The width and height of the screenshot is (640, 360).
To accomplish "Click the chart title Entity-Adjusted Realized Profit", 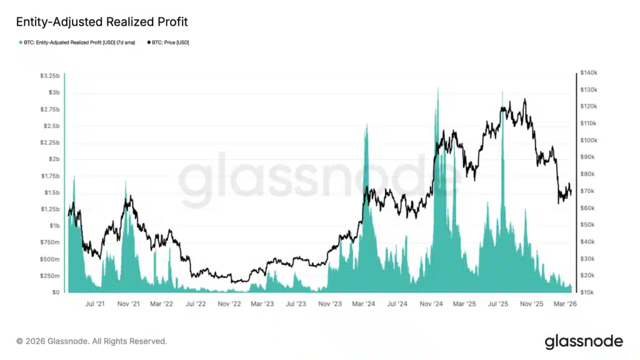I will tap(101, 22).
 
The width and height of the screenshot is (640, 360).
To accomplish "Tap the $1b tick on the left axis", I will tap(52, 226).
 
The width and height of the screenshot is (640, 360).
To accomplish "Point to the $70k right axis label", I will tap(587, 191).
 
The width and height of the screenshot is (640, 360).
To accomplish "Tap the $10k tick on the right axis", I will tap(587, 292).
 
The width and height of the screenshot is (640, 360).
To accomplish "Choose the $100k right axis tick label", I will tap(589, 141).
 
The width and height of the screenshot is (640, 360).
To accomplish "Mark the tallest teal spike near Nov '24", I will tap(437, 89).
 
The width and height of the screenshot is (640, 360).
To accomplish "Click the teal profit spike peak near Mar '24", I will tap(366, 126).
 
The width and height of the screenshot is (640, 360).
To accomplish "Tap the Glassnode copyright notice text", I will tap(92, 341).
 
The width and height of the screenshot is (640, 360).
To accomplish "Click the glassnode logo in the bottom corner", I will tap(584, 341).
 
